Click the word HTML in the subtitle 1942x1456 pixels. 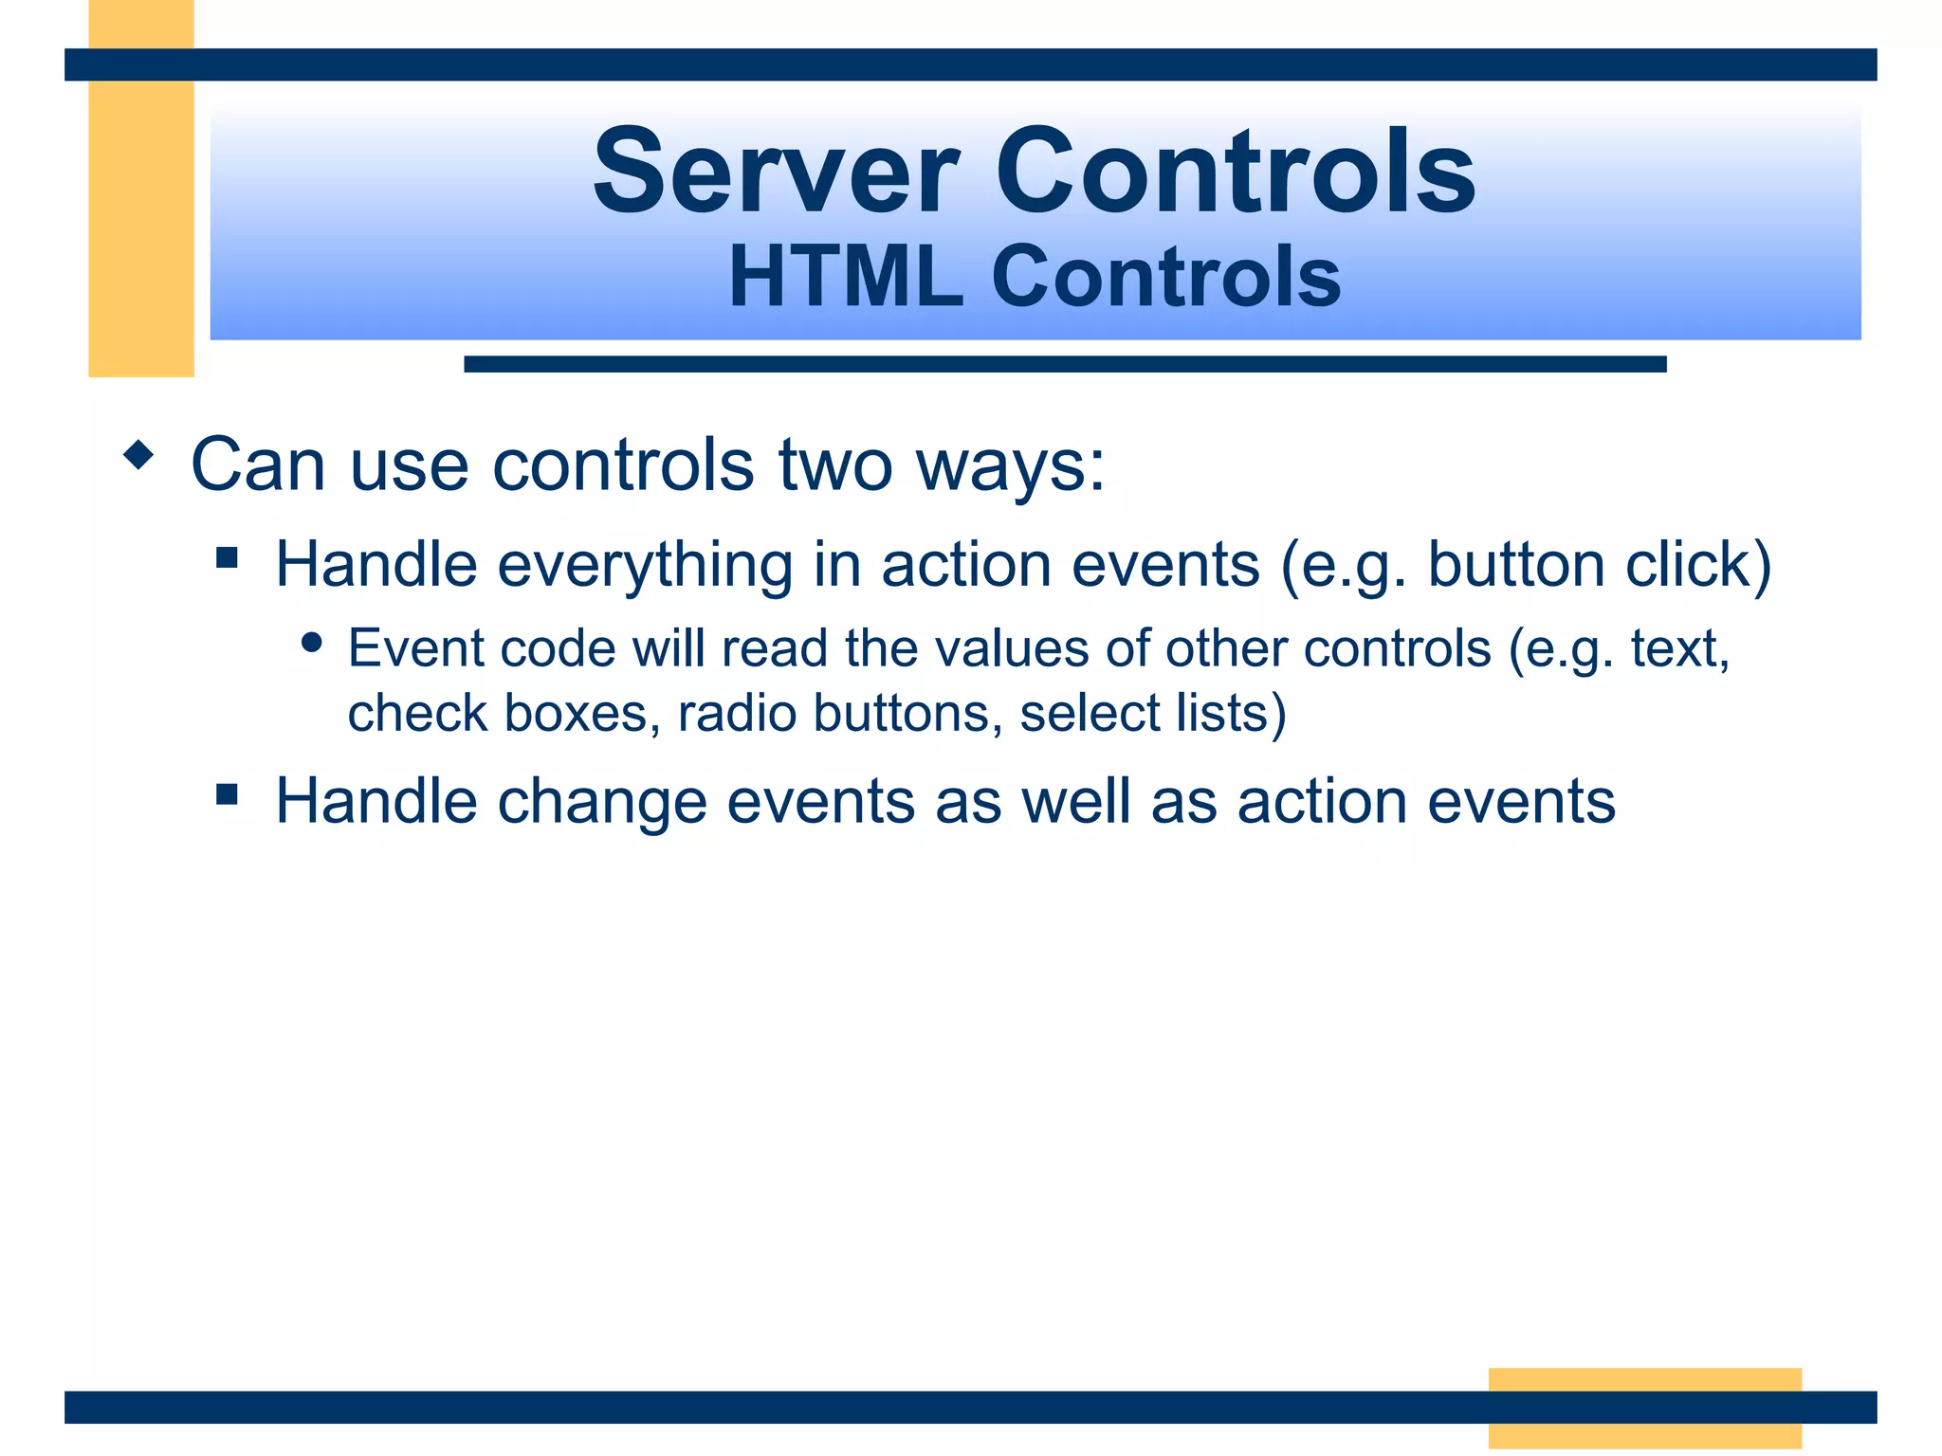845,277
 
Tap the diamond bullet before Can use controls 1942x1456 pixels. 138,455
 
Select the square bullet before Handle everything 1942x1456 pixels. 227,556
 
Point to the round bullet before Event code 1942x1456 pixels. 311,643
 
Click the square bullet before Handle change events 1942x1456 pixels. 227,793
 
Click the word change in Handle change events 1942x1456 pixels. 602,802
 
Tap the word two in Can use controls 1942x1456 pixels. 834,466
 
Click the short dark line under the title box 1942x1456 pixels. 1064,364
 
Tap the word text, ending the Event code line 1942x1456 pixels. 1679,649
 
